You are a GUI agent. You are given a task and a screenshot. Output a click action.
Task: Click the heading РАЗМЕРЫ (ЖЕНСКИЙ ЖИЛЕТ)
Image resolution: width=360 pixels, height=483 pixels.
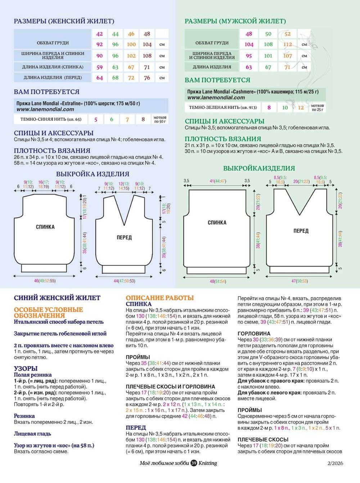pyautogui.click(x=64, y=21)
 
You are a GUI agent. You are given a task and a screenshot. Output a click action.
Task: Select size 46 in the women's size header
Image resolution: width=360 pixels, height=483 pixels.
pyautogui.click(x=131, y=34)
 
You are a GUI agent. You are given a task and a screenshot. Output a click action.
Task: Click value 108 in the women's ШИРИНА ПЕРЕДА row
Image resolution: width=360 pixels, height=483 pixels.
pyautogui.click(x=147, y=56)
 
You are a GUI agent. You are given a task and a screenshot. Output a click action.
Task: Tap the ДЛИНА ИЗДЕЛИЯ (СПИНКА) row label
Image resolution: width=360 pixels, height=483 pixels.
pyautogui.click(x=53, y=67)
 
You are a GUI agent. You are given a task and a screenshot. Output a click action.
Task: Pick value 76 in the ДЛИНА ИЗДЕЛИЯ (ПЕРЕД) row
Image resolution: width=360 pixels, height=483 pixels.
pyautogui.click(x=147, y=77)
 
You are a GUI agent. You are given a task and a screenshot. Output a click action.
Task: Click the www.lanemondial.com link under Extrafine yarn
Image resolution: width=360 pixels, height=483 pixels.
pyautogui.click(x=45, y=109)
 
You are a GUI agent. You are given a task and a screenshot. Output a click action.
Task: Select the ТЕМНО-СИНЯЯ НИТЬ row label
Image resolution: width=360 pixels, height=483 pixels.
pyautogui.click(x=51, y=119)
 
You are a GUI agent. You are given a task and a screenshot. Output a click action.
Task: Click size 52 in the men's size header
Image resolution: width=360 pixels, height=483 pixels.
pyautogui.click(x=287, y=34)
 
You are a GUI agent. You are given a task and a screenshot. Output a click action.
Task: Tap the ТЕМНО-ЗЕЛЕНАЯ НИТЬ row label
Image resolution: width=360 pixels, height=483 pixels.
pyautogui.click(x=223, y=107)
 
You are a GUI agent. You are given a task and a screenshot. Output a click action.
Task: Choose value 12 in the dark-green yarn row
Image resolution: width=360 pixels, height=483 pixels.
pyautogui.click(x=301, y=107)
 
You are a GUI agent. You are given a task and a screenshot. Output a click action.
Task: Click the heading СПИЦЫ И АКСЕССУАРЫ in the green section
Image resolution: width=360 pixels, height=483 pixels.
pyautogui.click(x=225, y=121)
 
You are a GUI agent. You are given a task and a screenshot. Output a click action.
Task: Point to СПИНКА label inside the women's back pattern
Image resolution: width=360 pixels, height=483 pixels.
pyautogui.click(x=45, y=227)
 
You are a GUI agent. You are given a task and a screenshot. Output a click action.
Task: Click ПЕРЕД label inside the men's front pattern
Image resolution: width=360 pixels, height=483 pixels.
pyautogui.click(x=301, y=231)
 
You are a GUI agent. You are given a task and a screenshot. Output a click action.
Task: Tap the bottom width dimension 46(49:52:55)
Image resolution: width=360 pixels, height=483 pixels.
pyautogui.click(x=45, y=281)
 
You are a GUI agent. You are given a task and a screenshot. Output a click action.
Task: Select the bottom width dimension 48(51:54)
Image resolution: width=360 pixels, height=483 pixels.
pyautogui.click(x=218, y=281)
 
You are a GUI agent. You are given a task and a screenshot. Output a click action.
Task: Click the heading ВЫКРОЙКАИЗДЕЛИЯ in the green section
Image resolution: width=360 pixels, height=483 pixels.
pyautogui.click(x=259, y=168)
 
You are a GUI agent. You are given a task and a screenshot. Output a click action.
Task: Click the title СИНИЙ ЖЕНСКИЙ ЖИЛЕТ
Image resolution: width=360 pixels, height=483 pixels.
pyautogui.click(x=57, y=298)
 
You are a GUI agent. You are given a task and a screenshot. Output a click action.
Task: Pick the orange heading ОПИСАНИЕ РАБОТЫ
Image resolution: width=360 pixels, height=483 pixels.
pyautogui.click(x=159, y=298)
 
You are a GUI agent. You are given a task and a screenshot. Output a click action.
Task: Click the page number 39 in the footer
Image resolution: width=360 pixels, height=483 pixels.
pyautogui.click(x=194, y=463)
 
